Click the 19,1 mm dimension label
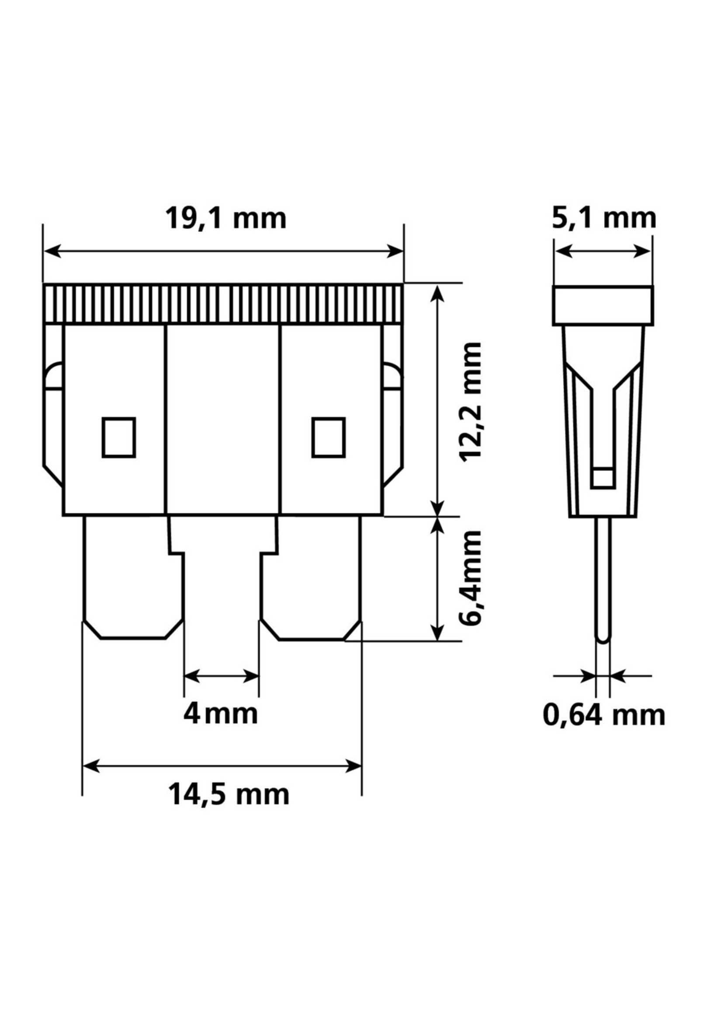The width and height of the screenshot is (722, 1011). [x=226, y=219]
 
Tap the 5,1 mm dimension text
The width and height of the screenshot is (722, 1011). [x=604, y=219]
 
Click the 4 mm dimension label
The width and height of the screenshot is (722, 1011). [x=221, y=715]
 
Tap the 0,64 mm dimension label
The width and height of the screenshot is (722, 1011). [x=604, y=716]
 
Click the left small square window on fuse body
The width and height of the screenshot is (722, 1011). [x=119, y=437]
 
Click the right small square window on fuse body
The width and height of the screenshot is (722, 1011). [x=329, y=437]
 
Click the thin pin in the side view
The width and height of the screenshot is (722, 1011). [x=603, y=578]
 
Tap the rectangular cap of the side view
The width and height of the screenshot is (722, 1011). [x=603, y=306]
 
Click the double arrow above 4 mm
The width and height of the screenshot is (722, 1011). [x=221, y=677]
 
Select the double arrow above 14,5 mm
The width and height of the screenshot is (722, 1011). [x=222, y=766]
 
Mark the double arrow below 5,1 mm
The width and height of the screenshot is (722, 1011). [x=603, y=251]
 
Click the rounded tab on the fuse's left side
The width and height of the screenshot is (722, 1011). [x=54, y=375]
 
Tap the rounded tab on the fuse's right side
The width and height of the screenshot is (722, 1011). [x=393, y=375]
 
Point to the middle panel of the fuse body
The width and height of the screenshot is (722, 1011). [x=223, y=420]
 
